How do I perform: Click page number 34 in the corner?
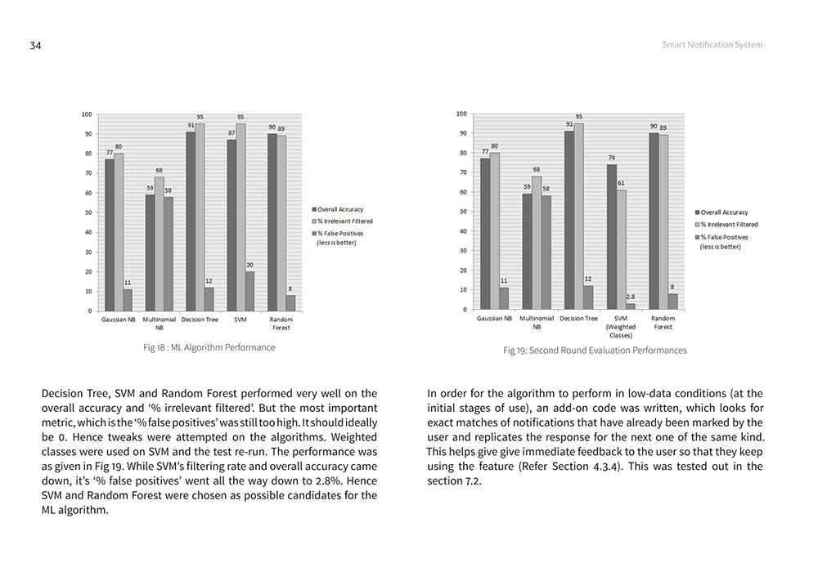[35, 46]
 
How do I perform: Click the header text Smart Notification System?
[712, 45]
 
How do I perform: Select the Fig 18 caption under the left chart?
[209, 347]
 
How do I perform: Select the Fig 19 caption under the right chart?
[595, 350]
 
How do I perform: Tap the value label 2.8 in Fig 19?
[630, 297]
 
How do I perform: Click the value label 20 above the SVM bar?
[249, 265]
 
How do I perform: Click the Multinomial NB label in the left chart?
[159, 323]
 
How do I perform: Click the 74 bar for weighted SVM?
[611, 237]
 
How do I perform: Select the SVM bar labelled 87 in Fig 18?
[231, 225]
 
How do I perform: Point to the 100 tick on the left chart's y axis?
[86, 114]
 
